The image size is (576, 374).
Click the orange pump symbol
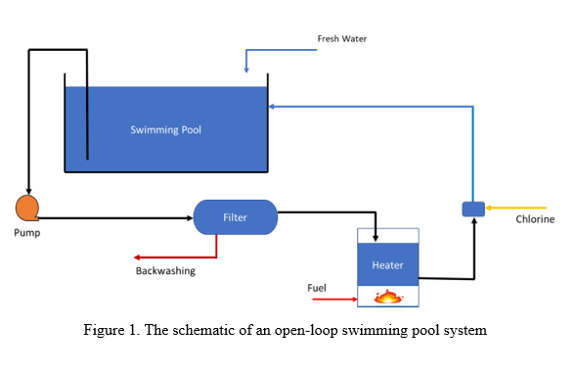click(x=26, y=208)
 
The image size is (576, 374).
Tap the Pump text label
click(x=26, y=233)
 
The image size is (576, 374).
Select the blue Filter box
click(x=235, y=217)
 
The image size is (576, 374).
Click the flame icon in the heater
click(x=389, y=295)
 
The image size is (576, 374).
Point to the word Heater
click(x=387, y=265)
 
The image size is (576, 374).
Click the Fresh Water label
click(x=341, y=39)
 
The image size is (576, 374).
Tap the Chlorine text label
click(x=535, y=219)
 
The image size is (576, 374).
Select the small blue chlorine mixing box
click(x=472, y=209)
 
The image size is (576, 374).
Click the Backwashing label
click(x=164, y=271)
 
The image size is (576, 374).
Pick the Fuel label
click(x=317, y=288)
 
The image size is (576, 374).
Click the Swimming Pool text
click(x=165, y=129)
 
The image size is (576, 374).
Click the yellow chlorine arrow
click(x=509, y=208)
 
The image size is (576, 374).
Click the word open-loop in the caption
click(x=307, y=330)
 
